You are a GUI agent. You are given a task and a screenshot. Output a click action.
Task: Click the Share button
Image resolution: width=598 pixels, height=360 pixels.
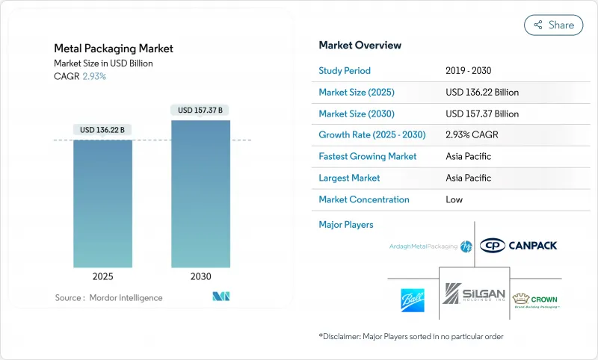[x=553, y=25]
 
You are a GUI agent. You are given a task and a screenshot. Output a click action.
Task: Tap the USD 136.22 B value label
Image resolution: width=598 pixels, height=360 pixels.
[x=102, y=130]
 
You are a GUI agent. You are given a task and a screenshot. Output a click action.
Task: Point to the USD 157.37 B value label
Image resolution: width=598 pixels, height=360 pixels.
[x=200, y=111]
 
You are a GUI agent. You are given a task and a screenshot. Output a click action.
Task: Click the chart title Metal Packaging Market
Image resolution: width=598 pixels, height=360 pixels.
[x=114, y=49]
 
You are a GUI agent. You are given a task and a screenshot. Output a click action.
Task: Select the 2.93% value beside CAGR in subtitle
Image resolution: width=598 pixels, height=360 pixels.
[x=93, y=76]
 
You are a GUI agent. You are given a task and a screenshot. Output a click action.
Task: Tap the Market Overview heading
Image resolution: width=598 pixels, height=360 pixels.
[x=360, y=46]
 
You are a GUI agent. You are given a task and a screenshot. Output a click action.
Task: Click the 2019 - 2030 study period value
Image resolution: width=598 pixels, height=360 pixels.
[x=469, y=71]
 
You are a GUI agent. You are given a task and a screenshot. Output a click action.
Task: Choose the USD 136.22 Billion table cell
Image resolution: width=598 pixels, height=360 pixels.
[x=481, y=93]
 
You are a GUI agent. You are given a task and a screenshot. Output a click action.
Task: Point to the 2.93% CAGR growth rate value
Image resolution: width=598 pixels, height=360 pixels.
[x=471, y=135]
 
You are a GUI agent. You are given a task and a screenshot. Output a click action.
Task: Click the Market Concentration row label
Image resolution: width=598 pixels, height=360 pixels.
[x=363, y=199]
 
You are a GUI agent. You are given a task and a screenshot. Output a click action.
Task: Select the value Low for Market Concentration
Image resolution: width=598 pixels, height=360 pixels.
[x=454, y=199]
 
